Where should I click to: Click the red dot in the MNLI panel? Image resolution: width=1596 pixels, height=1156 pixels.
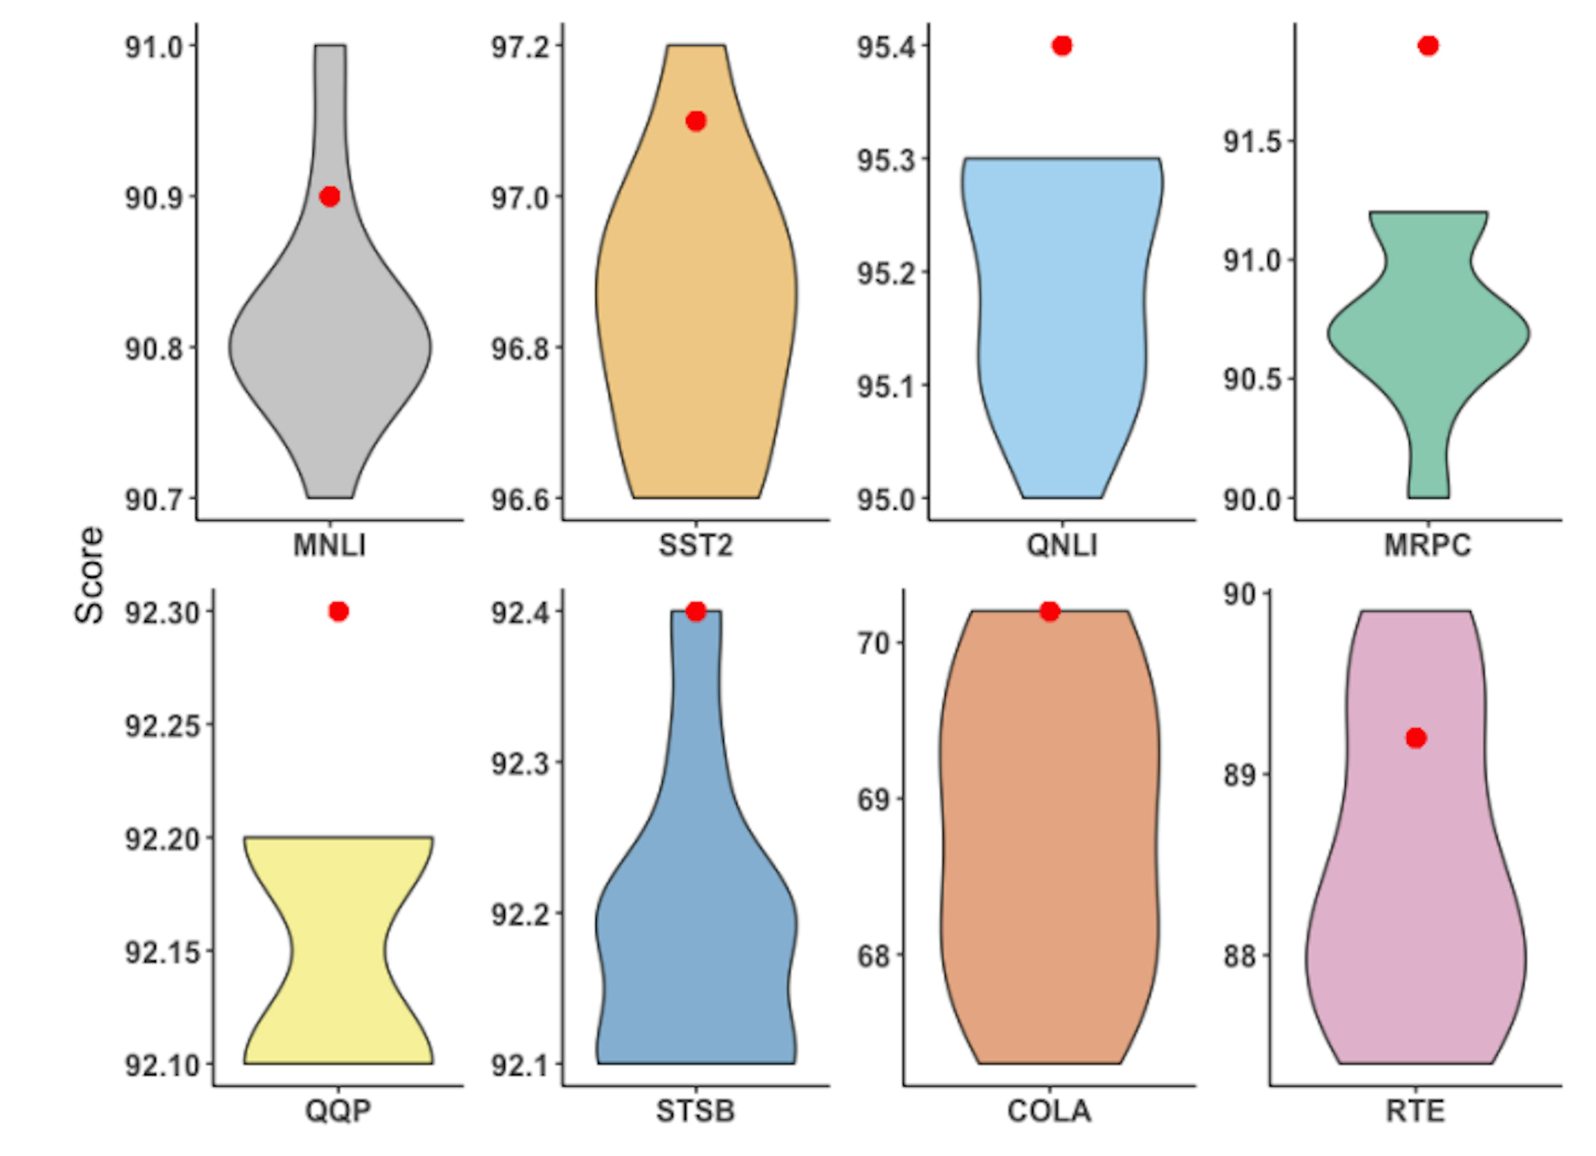[x=329, y=196]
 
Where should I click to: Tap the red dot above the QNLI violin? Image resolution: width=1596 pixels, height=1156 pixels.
[x=1062, y=46]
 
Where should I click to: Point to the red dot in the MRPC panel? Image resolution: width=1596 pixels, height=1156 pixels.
[x=1428, y=46]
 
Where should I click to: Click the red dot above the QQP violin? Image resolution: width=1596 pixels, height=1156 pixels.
[x=338, y=611]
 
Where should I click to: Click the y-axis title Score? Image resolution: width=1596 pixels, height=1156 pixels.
[x=89, y=576]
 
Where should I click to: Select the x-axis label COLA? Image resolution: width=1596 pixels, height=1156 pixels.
[x=1049, y=1112]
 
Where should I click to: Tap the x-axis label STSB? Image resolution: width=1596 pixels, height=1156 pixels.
[x=695, y=1112]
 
